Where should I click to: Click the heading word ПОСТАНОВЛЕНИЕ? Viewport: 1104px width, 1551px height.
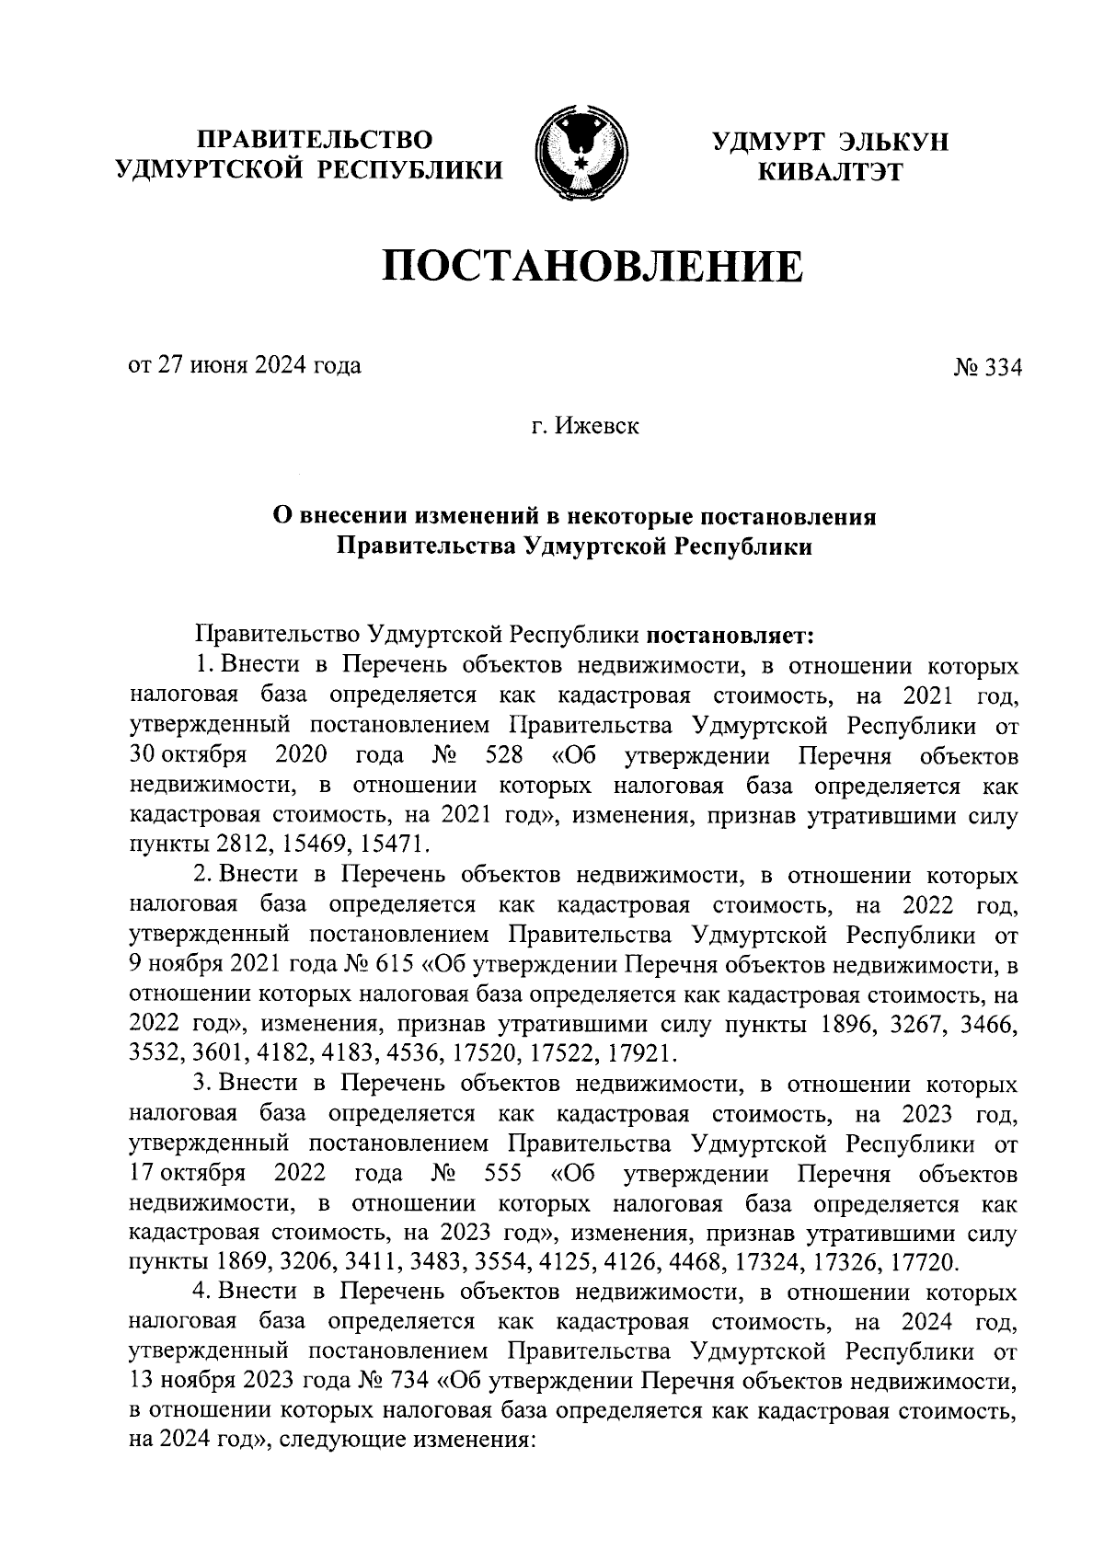(592, 267)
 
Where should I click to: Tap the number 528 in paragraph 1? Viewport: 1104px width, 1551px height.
(503, 756)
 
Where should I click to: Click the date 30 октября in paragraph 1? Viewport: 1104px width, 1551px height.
(188, 756)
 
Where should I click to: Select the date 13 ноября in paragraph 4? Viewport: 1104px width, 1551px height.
(185, 1380)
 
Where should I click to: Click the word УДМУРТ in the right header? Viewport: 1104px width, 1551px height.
(768, 141)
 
